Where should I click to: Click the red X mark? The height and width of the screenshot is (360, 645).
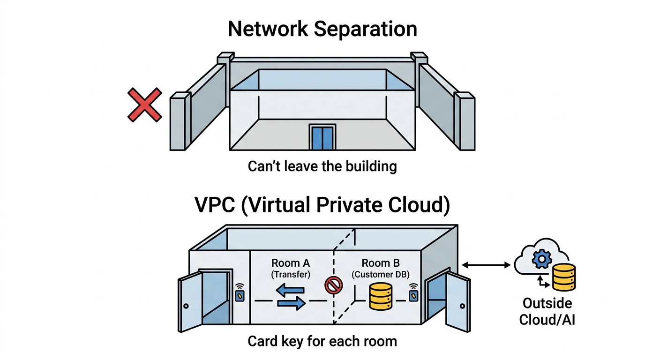coord(145,105)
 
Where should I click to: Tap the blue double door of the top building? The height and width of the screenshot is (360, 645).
coord(322,137)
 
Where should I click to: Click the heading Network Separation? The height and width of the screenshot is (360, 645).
coord(322,29)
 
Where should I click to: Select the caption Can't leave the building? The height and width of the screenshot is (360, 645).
coord(322,166)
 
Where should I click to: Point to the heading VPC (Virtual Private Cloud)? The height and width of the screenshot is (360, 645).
coord(322,205)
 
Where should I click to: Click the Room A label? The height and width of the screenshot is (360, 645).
coord(291,263)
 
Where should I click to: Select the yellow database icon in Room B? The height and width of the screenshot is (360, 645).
coord(381,296)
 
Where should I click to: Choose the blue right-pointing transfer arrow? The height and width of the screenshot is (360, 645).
coord(291,304)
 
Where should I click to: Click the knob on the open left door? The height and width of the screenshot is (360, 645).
coord(186,306)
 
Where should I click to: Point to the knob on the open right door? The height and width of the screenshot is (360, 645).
coord(463,306)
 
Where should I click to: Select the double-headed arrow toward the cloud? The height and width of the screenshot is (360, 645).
coord(486,266)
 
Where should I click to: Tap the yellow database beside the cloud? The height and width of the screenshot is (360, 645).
coord(563,277)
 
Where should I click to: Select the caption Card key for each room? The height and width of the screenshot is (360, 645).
coord(322,341)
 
